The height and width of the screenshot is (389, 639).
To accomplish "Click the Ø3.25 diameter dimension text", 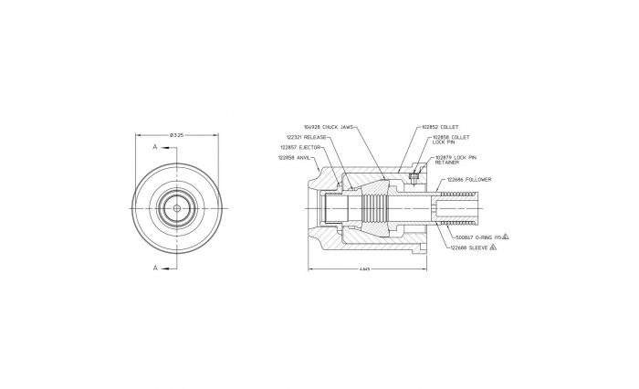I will tap(177, 135).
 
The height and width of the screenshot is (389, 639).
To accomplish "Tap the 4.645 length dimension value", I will tap(364, 269).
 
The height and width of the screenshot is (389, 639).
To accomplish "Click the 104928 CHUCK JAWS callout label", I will tap(328, 127).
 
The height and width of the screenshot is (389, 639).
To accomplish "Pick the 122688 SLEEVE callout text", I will tap(468, 247).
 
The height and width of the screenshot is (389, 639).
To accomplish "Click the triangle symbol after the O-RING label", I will tap(505, 237).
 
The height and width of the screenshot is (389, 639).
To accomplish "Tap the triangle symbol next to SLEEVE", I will tap(493, 247).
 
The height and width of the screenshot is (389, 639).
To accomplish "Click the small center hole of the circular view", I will tap(177, 207).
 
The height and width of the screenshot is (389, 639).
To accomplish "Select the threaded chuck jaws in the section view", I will tap(373, 208).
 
